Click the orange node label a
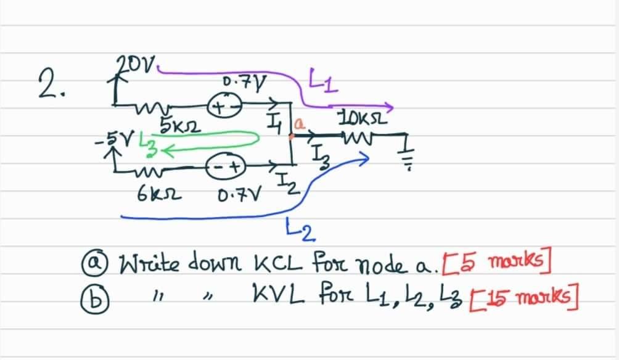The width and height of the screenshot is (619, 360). click(x=301, y=125)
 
